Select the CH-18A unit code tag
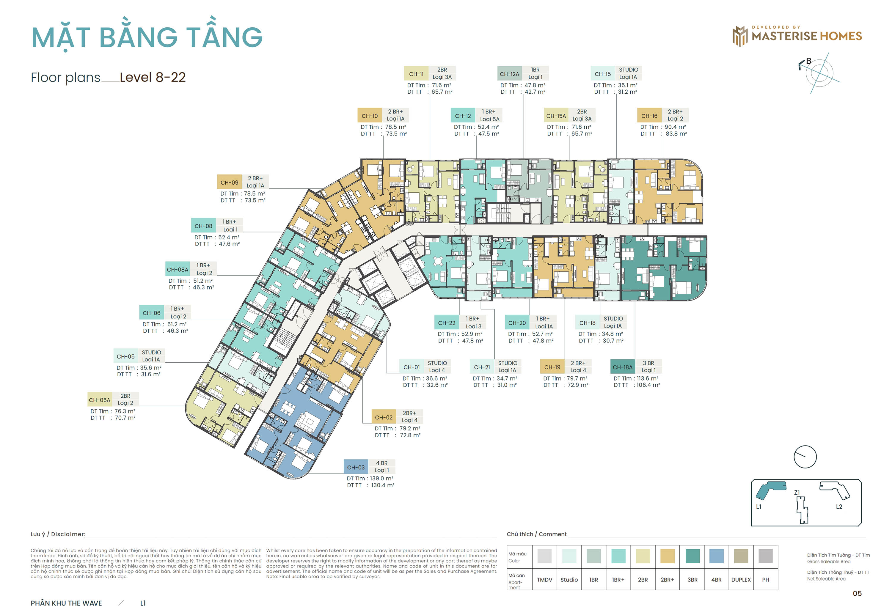point(622,367)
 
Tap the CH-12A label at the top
point(509,74)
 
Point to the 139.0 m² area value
point(381,478)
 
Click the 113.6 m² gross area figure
point(647,378)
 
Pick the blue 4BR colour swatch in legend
point(716,556)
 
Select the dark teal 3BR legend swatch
point(692,556)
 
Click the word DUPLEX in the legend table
point(740,580)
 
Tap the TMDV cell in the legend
point(544,580)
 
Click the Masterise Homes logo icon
point(739,36)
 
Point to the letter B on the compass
point(808,61)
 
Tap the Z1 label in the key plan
point(797,493)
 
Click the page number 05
point(857,593)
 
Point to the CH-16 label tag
point(649,116)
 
